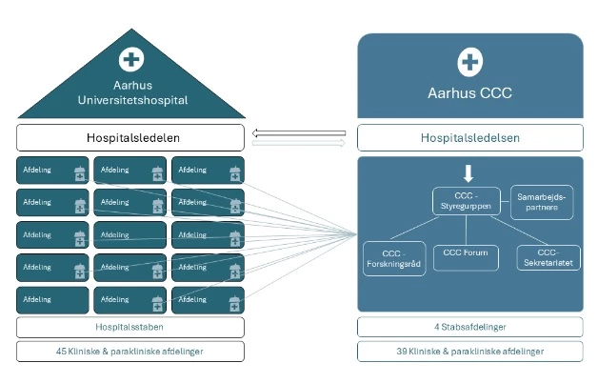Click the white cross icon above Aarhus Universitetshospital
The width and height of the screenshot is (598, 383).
[130, 60]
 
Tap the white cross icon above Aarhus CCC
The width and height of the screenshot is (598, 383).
[469, 63]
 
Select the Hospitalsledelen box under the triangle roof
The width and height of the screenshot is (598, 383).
[130, 137]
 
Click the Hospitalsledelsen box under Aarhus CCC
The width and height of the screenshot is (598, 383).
[470, 137]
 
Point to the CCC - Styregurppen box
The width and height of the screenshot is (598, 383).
[464, 200]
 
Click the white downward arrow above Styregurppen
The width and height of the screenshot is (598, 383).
[468, 173]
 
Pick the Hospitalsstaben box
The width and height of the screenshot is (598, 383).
[130, 327]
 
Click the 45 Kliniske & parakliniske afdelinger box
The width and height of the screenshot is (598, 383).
[130, 351]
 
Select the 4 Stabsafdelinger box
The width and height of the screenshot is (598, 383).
[470, 327]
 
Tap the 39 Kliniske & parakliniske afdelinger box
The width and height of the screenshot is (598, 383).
[470, 351]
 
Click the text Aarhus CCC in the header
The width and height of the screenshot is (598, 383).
[469, 94]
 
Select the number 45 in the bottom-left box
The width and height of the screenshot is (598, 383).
[62, 351]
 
